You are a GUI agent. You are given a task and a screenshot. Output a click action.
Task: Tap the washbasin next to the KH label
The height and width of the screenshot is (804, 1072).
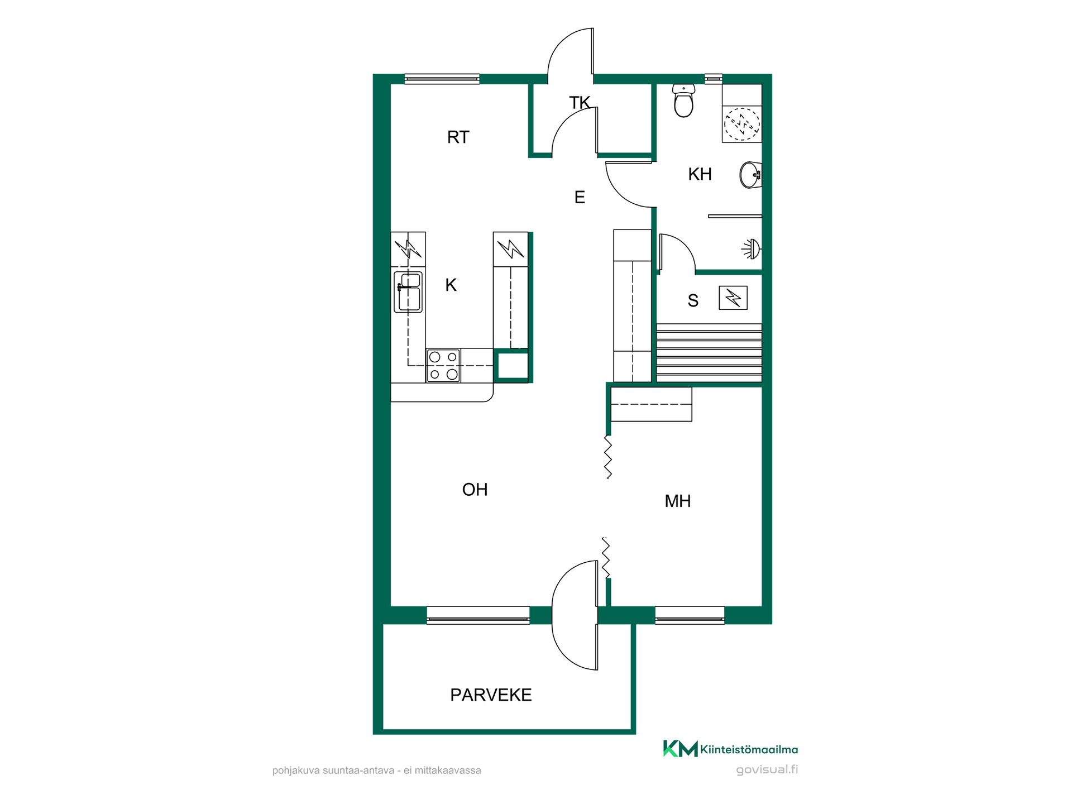click(x=750, y=175)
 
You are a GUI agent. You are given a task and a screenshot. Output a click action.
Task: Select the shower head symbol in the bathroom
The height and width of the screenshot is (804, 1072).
click(x=752, y=249)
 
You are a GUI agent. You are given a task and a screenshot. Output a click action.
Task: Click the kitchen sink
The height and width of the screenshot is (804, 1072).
click(x=408, y=291)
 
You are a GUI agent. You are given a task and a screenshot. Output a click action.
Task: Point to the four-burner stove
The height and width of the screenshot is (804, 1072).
click(x=443, y=366)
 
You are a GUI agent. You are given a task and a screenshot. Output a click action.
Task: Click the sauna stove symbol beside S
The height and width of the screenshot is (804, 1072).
click(x=733, y=298)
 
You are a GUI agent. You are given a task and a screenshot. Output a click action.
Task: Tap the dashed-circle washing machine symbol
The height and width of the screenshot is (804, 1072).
click(x=742, y=123)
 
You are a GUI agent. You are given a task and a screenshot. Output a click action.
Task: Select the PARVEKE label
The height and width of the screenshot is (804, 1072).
click(x=491, y=695)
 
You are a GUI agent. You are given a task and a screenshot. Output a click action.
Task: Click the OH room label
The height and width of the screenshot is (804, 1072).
click(x=475, y=490)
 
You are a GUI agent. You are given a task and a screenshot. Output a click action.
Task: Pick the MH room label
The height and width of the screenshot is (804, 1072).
click(x=678, y=501)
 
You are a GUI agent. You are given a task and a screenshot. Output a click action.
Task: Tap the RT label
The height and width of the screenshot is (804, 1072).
click(x=458, y=137)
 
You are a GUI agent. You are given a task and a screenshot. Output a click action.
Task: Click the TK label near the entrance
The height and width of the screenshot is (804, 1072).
click(x=580, y=103)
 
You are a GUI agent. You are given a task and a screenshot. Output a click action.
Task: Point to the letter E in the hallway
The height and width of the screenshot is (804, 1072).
click(x=580, y=197)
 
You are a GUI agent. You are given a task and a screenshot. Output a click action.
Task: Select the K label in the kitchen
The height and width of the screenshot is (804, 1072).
click(x=451, y=285)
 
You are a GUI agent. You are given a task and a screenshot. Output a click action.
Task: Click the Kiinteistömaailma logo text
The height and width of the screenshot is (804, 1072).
click(x=749, y=750)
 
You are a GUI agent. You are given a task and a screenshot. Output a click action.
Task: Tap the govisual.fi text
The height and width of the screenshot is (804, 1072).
click(x=767, y=769)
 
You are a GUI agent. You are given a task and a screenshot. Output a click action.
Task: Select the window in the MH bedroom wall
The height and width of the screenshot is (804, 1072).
click(x=690, y=615)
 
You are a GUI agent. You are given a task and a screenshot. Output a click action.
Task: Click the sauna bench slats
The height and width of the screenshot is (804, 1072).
click(x=709, y=353)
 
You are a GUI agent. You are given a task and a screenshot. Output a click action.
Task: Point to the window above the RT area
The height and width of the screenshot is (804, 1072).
click(x=442, y=79)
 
